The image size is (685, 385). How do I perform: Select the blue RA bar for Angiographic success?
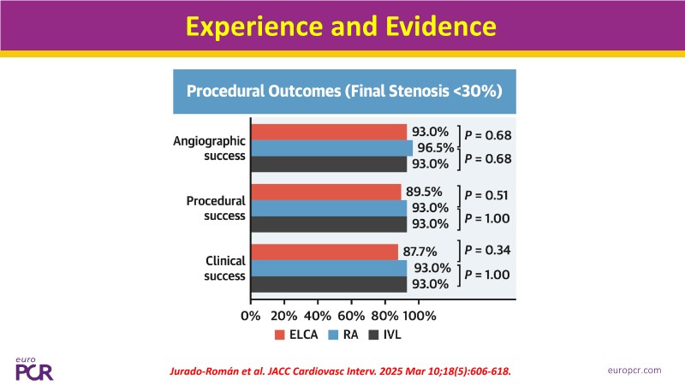pos(331,148)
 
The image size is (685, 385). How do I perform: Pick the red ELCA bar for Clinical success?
pos(325,252)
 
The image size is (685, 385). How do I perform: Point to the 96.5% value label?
pos(435,148)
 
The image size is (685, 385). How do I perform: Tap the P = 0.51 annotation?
pos(487,193)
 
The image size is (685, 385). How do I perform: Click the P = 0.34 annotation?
pos(487,250)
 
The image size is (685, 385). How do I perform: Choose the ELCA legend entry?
pos(295,335)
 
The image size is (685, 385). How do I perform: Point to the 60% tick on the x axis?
pos(352,315)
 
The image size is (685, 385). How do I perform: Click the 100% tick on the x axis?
pos(419,315)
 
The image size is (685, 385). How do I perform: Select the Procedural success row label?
pos(216,208)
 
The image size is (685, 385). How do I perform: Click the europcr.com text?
pos(635,370)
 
